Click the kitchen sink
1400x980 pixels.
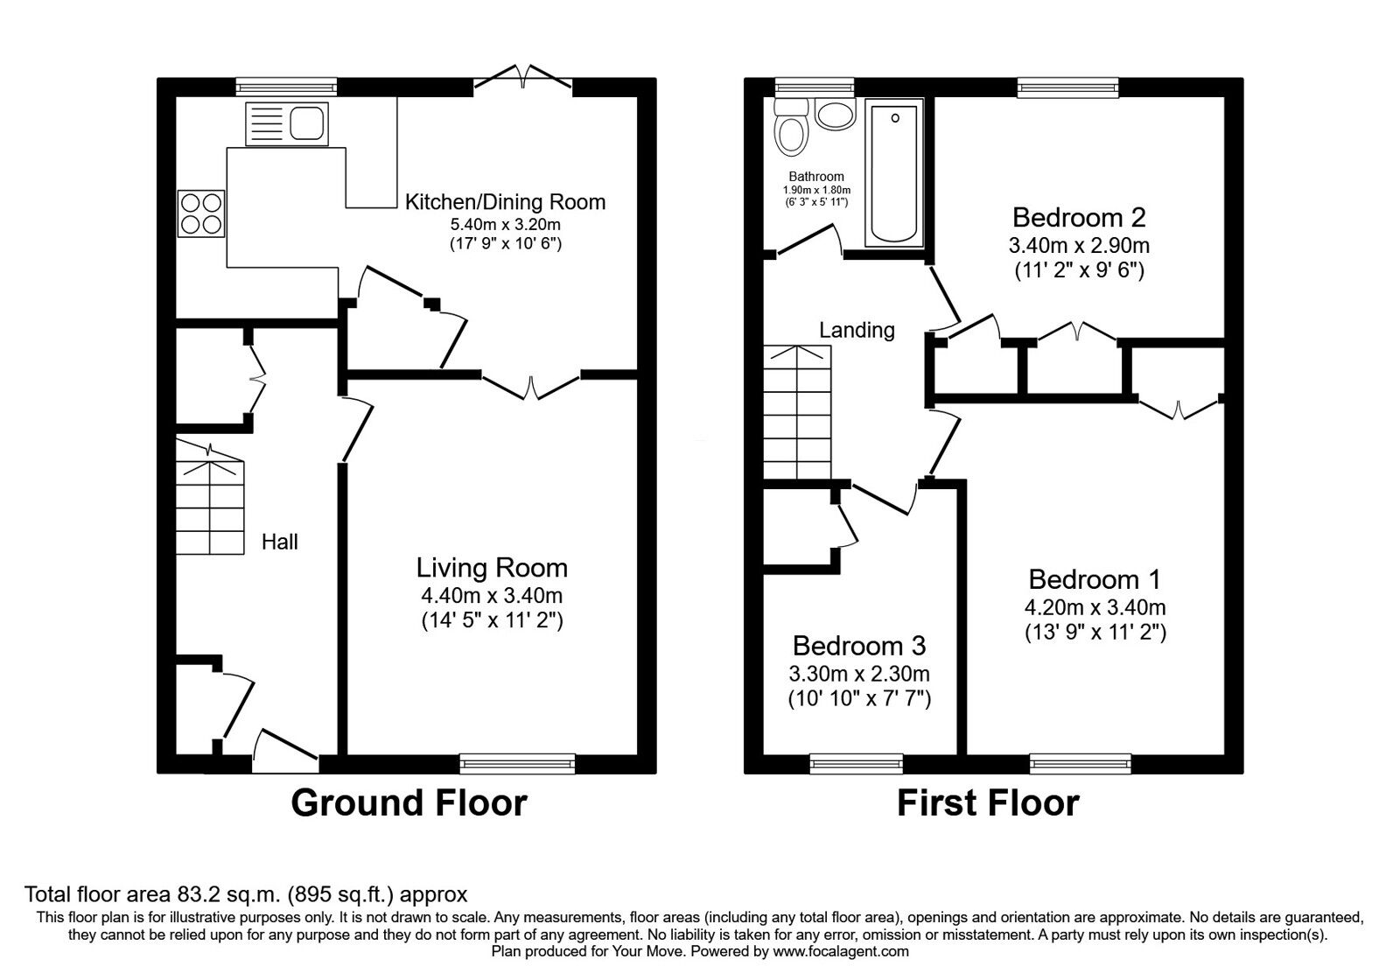click(x=286, y=123)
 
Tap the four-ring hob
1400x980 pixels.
click(x=200, y=213)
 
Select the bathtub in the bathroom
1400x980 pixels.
click(x=893, y=171)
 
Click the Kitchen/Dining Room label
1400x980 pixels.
click(x=505, y=202)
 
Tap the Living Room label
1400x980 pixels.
click(x=492, y=568)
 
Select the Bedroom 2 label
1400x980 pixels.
click(x=1079, y=217)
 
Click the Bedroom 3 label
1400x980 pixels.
click(x=859, y=646)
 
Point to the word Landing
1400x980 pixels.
click(x=857, y=330)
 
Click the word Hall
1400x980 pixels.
click(x=280, y=542)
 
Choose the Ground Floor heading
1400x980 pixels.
click(x=409, y=802)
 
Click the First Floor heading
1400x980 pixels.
click(x=988, y=802)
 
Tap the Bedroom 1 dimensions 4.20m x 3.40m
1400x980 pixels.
click(x=1095, y=607)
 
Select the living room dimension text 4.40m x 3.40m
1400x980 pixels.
click(x=492, y=596)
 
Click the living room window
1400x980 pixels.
click(x=518, y=764)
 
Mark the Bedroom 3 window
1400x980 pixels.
click(x=857, y=764)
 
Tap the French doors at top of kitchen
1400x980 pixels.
click(x=523, y=79)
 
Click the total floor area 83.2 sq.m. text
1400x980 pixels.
click(x=246, y=894)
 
